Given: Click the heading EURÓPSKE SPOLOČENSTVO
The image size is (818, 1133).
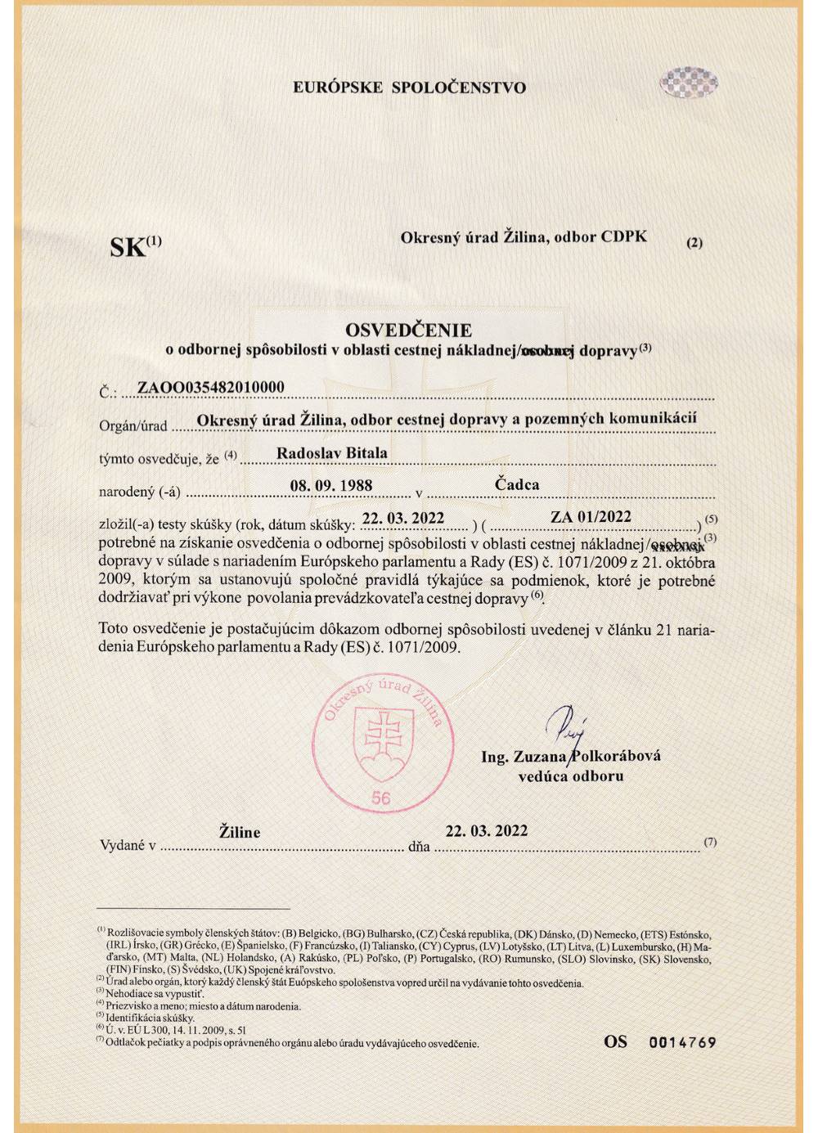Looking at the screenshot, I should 409,88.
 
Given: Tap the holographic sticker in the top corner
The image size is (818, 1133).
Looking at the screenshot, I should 689,83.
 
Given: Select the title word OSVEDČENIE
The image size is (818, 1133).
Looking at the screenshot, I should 408,330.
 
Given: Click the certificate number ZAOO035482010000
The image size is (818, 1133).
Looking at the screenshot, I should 211,387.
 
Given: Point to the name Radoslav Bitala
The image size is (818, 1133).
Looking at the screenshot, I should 332,452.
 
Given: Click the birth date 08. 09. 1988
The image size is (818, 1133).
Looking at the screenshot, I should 331,485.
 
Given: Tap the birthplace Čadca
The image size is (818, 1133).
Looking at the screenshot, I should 517,484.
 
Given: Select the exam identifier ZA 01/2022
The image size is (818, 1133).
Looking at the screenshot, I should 591,516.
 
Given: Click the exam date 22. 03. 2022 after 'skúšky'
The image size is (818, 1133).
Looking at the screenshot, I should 403,518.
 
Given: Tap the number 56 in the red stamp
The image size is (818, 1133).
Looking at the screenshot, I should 380,798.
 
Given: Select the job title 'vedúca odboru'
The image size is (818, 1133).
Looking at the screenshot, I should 570,776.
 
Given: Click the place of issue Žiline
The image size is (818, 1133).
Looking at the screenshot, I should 240,832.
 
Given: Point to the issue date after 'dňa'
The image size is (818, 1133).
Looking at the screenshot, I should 486,830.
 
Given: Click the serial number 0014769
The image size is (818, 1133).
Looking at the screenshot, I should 682,1042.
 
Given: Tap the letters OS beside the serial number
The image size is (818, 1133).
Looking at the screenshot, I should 616,1041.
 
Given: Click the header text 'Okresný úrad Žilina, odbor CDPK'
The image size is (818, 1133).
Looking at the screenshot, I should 524,237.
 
